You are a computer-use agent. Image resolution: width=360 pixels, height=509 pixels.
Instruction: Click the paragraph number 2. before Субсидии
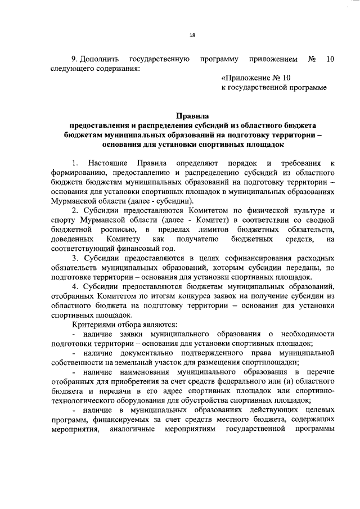pos(75,211)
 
